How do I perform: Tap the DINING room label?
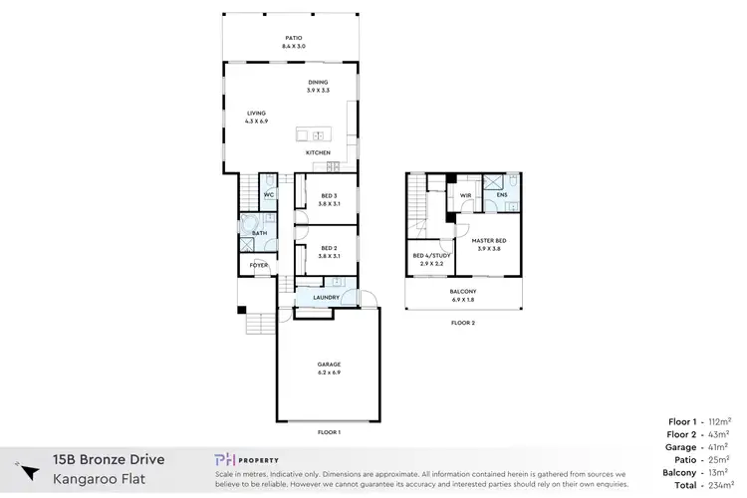click(318, 83)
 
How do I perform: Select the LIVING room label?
click(257, 114)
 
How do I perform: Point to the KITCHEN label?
click(318, 152)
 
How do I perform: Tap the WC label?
click(268, 195)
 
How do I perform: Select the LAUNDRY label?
click(327, 298)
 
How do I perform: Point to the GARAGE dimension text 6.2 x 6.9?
click(329, 372)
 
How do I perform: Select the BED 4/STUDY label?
click(431, 255)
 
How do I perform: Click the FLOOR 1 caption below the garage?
click(329, 432)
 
